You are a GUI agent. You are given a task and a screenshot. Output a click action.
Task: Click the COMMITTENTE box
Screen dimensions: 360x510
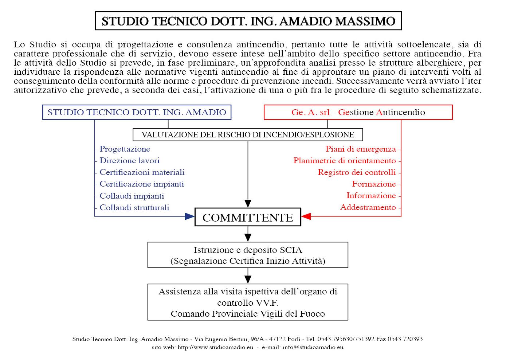click(248, 218)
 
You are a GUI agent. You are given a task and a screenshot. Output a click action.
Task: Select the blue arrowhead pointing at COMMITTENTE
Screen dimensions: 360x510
click(190, 216)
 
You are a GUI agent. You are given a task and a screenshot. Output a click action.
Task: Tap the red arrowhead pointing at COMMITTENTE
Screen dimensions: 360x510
click(306, 216)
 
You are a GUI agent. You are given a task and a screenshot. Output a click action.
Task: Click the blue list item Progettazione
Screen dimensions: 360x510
click(125, 149)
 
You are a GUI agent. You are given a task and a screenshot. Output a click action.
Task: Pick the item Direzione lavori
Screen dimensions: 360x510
click(130, 161)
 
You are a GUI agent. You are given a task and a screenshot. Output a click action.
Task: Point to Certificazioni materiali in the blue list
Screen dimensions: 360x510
click(142, 172)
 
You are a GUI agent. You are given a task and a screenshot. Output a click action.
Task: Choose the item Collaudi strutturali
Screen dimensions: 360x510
click(134, 207)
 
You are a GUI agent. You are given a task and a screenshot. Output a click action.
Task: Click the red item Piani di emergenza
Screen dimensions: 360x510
click(361, 149)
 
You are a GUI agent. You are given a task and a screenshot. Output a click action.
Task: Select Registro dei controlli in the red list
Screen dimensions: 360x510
click(357, 172)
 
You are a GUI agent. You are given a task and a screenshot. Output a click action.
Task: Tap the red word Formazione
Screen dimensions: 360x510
click(374, 184)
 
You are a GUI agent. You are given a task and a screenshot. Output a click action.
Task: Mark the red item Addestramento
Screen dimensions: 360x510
click(368, 207)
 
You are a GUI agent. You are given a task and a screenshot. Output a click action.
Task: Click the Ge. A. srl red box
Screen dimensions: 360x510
click(358, 112)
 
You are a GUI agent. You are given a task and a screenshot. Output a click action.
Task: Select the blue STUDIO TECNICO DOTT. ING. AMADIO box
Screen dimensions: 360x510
click(137, 112)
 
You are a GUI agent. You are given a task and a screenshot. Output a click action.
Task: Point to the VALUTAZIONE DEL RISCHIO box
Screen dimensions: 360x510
click(248, 135)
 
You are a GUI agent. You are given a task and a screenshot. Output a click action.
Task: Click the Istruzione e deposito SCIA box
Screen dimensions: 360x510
click(248, 255)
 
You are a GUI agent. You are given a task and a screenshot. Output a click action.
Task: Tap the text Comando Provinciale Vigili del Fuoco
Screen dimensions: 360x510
click(248, 314)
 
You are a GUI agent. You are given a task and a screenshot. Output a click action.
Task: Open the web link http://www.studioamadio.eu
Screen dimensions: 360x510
click(215, 347)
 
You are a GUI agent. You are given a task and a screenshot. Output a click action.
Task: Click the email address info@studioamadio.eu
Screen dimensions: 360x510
click(313, 347)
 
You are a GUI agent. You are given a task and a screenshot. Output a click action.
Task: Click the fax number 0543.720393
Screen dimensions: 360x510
click(405, 339)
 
